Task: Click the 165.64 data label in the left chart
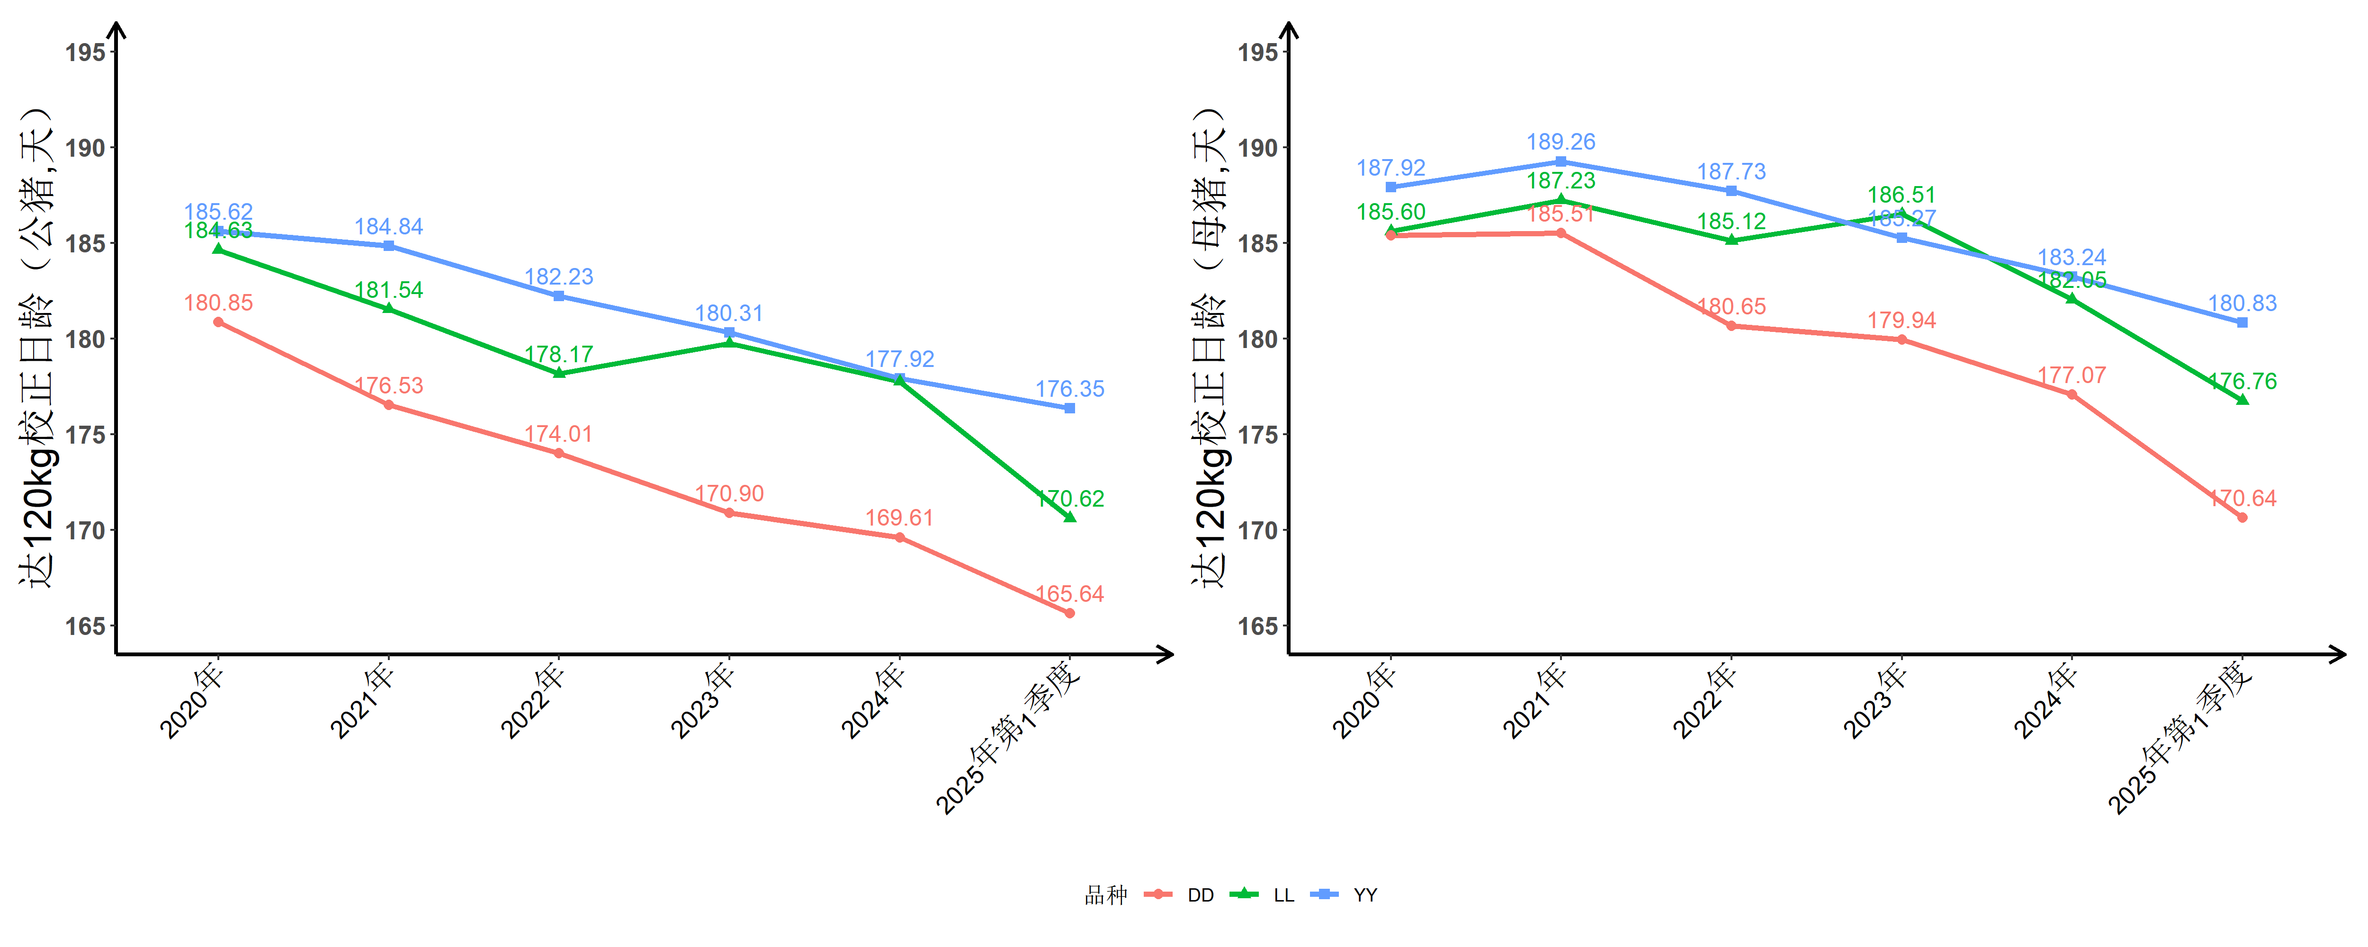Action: (1069, 594)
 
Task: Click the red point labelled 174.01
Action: (559, 453)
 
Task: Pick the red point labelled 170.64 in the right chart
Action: (2242, 518)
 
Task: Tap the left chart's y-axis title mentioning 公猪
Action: (37, 348)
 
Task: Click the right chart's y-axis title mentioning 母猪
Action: (1210, 348)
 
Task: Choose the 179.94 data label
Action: (1901, 320)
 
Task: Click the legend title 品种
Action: (1106, 894)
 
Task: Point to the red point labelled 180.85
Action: (218, 322)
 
